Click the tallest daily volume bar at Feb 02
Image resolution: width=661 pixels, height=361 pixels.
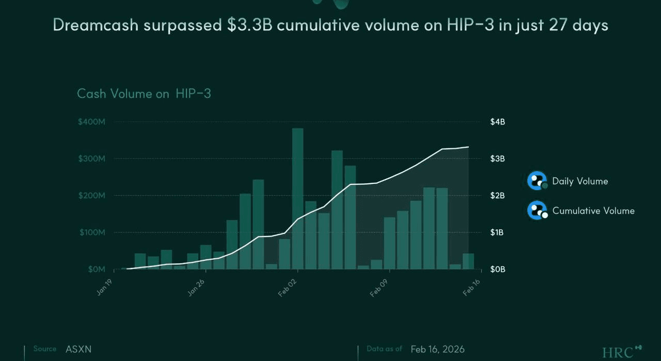pyautogui.click(x=297, y=198)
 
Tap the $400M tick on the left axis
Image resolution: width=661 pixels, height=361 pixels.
pyautogui.click(x=92, y=122)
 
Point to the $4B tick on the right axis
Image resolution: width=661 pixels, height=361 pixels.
pyautogui.click(x=497, y=122)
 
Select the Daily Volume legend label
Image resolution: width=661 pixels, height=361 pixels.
pyautogui.click(x=580, y=181)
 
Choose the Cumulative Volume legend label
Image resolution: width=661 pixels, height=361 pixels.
pyautogui.click(x=593, y=211)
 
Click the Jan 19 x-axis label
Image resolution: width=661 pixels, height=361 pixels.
pyautogui.click(x=104, y=287)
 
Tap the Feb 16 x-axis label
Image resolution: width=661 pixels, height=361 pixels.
pyautogui.click(x=471, y=287)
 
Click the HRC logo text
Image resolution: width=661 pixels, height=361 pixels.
pyautogui.click(x=618, y=353)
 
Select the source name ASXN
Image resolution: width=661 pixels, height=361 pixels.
pyautogui.click(x=78, y=349)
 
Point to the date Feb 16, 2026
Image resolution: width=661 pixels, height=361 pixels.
pyautogui.click(x=437, y=349)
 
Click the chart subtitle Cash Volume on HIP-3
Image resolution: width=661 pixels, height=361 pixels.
pyautogui.click(x=144, y=93)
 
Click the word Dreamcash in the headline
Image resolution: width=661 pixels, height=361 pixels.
pyautogui.click(x=96, y=25)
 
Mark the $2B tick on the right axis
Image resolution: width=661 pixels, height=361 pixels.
pyautogui.click(x=497, y=196)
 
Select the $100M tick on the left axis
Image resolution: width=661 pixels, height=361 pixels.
pyautogui.click(x=92, y=232)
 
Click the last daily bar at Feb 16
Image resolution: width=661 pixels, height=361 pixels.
pyautogui.click(x=468, y=261)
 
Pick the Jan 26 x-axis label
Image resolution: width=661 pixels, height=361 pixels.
pyautogui.click(x=196, y=287)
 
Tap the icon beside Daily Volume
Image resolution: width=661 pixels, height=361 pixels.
pyautogui.click(x=537, y=181)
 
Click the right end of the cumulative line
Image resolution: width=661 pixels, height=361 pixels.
pyautogui.click(x=468, y=147)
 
